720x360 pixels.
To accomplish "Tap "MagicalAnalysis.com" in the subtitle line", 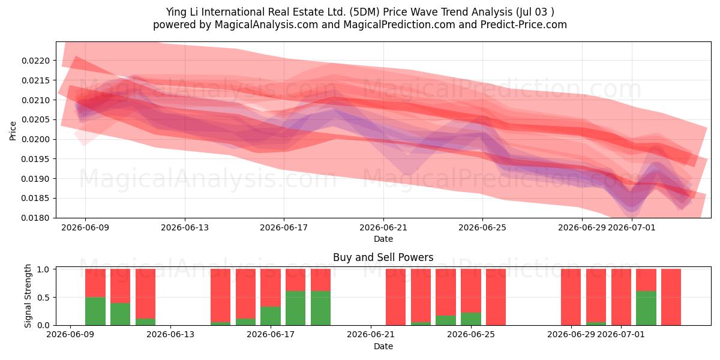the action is point(266,25).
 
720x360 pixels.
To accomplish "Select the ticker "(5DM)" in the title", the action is point(365,12).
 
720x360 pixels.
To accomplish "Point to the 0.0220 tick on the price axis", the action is point(35,61).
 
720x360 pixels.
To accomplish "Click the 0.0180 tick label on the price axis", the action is point(35,218).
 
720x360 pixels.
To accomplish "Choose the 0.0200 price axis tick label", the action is point(35,139).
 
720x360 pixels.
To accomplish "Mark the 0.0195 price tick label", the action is point(35,159).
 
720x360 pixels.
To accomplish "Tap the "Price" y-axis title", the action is point(13,131).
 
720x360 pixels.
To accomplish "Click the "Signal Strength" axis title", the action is point(28,296).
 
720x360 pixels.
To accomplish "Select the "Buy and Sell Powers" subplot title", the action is point(383,257).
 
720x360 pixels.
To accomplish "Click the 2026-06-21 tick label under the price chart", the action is point(383,228).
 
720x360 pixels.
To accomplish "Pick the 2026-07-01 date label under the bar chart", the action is point(620,335).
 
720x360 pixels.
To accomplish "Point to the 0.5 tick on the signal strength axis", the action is point(43,298).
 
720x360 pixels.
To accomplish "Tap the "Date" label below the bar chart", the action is point(383,347).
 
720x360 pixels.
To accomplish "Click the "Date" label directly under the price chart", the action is point(383,239).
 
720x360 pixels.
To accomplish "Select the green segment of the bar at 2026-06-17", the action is point(271,316).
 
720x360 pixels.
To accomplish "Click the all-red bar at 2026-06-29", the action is point(571,297).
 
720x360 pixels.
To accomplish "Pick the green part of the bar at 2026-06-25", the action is point(471,319).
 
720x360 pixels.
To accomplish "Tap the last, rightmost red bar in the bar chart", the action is point(671,297).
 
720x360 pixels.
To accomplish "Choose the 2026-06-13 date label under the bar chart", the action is point(170,335).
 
